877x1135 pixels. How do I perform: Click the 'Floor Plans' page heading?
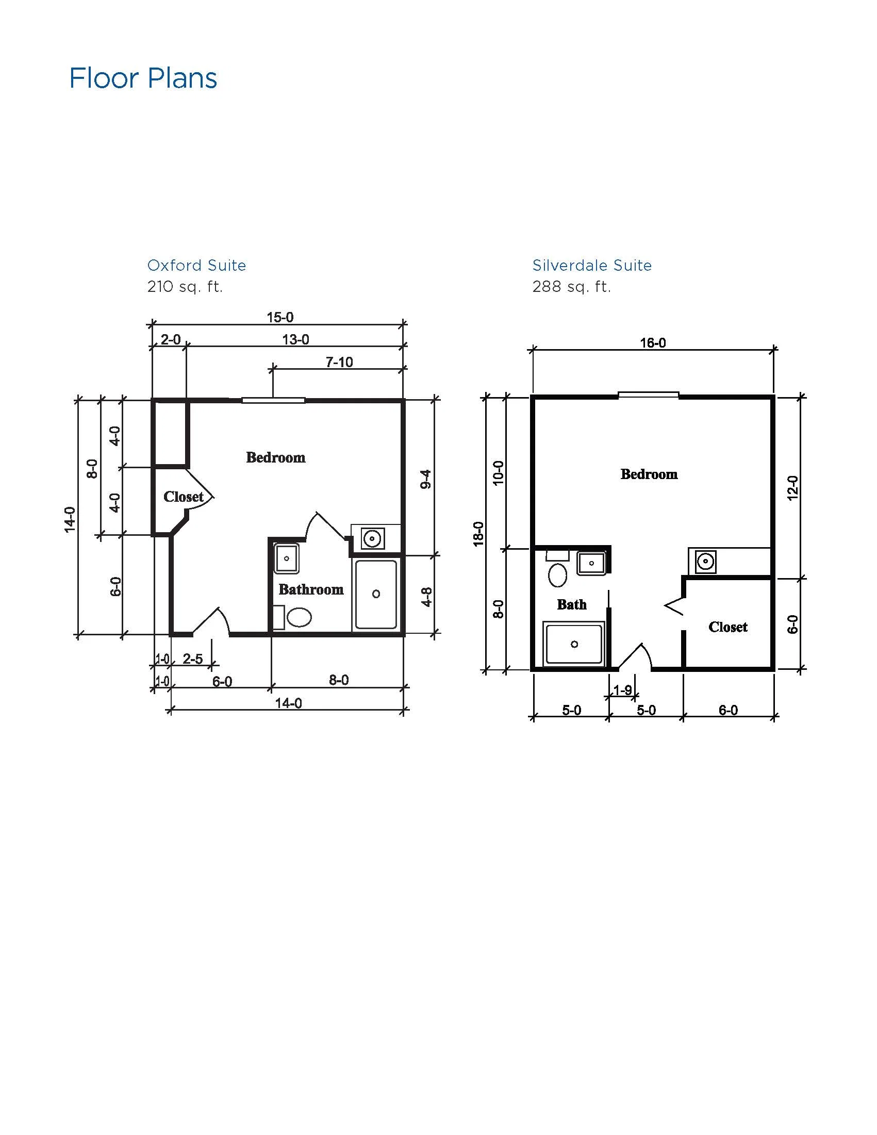(x=143, y=78)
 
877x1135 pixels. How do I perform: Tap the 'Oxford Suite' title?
(x=196, y=266)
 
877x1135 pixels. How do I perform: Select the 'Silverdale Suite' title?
(x=592, y=266)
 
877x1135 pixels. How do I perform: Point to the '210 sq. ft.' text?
(x=185, y=286)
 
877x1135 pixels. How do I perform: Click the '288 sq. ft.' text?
(x=571, y=286)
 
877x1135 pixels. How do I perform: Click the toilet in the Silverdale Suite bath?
(x=557, y=575)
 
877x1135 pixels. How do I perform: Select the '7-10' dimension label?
(x=339, y=362)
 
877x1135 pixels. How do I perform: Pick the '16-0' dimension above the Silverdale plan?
(x=653, y=343)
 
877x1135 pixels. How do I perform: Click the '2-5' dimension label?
(x=192, y=659)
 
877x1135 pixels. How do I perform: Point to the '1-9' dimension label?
(x=622, y=690)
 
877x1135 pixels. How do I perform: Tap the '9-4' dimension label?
(x=426, y=479)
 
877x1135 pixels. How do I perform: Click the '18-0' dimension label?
(x=478, y=534)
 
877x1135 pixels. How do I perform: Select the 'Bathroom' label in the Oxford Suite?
(x=311, y=589)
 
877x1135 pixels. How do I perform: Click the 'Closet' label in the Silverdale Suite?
(x=728, y=627)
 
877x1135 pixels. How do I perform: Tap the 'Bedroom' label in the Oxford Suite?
(x=276, y=457)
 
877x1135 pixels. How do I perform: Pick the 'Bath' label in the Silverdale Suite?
(x=572, y=604)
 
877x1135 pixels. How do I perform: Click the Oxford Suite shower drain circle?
(x=376, y=594)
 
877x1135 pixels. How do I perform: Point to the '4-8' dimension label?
(x=426, y=597)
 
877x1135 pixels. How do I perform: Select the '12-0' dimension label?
(x=792, y=488)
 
